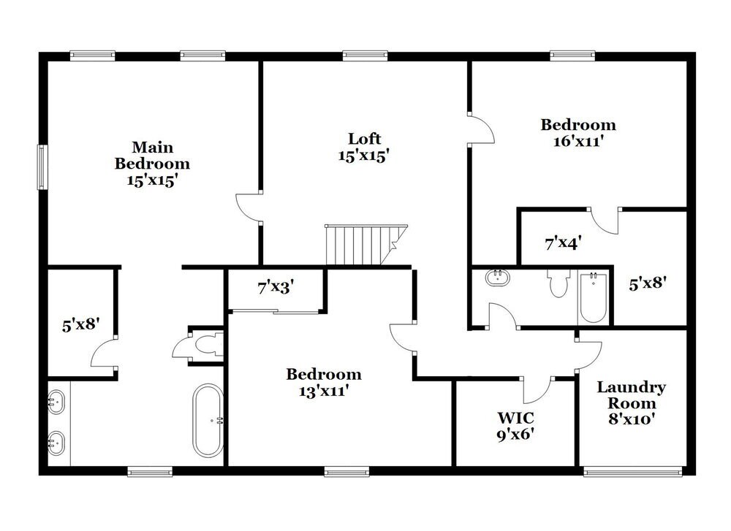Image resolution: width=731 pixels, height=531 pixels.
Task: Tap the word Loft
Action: (x=364, y=139)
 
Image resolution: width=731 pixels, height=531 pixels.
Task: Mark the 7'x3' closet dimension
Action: (x=275, y=288)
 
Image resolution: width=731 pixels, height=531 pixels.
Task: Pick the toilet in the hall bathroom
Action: (x=559, y=283)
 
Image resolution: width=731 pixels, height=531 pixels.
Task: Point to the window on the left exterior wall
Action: (x=42, y=167)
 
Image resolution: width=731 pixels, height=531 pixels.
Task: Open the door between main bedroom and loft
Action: (x=249, y=208)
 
